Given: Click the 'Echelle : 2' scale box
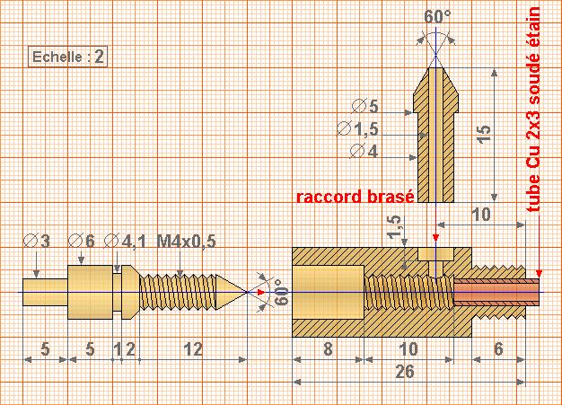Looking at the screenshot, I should [68, 57].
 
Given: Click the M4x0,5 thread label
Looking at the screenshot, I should [186, 242].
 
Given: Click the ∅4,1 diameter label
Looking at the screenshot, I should [125, 242].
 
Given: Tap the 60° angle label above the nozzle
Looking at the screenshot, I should [438, 17].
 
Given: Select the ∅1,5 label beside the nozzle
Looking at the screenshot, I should [357, 129].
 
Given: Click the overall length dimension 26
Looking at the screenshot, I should [405, 373].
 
